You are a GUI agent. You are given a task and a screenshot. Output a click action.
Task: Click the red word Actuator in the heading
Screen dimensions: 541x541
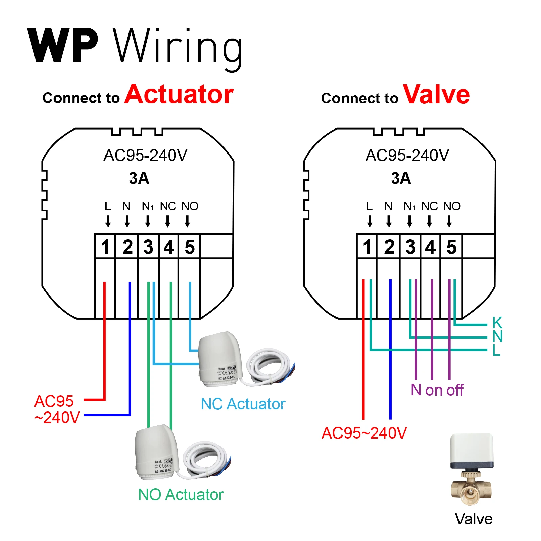click(179, 94)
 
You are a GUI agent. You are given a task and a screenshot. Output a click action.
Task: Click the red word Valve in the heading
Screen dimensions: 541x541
click(436, 95)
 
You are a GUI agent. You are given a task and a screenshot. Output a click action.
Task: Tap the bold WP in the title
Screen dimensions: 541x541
click(63, 46)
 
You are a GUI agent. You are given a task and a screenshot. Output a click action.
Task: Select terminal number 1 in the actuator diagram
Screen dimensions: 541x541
click(105, 246)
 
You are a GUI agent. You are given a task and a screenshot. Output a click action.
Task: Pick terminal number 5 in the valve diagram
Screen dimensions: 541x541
click(451, 246)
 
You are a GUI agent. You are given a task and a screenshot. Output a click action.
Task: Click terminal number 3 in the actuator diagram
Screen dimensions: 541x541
click(148, 246)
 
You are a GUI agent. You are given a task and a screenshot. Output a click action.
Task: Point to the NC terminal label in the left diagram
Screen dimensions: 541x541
click(168, 206)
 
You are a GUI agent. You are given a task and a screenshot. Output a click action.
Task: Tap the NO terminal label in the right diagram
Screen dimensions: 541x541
click(452, 206)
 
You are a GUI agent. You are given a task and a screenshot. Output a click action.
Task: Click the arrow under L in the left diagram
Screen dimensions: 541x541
click(108, 221)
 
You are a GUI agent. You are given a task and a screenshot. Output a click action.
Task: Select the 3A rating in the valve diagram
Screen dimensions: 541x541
click(401, 178)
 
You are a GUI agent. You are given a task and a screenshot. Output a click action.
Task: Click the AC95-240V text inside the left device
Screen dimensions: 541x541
click(145, 156)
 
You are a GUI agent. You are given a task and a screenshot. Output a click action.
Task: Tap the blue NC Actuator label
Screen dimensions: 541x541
click(243, 404)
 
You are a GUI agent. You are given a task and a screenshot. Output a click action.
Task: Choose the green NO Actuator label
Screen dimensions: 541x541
click(181, 495)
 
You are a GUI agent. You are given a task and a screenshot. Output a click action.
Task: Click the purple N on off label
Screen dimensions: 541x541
click(437, 390)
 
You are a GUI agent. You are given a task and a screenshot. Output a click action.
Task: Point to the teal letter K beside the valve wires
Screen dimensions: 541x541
click(497, 323)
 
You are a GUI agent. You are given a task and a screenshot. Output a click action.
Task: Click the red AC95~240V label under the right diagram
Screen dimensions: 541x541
click(364, 433)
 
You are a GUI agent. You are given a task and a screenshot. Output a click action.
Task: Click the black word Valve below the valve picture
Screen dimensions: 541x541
click(473, 519)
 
